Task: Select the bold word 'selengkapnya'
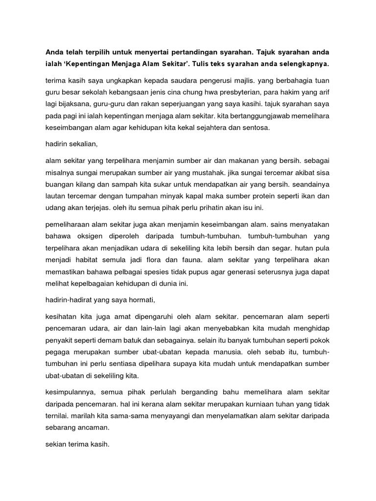pos(305,64)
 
